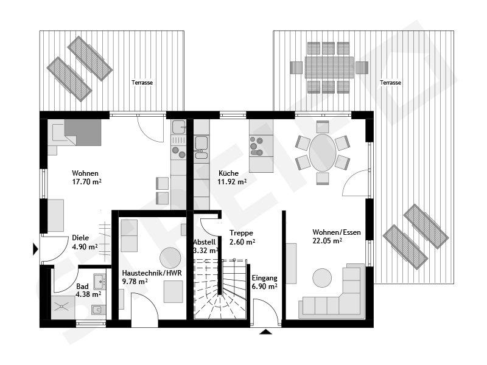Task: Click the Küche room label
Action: point(228,173)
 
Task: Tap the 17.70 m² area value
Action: point(86,181)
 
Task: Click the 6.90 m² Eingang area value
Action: point(264,286)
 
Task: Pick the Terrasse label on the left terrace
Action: point(142,82)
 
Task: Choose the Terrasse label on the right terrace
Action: point(390,82)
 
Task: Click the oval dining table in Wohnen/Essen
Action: point(322,153)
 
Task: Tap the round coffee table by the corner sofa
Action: point(322,278)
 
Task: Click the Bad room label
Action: point(82,286)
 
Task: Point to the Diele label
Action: point(80,238)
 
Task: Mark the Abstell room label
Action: point(203,242)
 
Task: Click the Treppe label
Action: point(241,233)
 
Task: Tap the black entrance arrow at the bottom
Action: point(265,332)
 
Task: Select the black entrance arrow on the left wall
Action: point(35,248)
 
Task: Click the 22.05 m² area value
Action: point(327,241)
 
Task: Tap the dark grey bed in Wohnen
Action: point(83,132)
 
